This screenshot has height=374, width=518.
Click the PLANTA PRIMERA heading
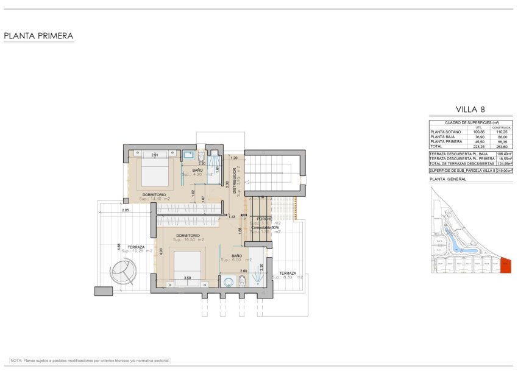(38, 36)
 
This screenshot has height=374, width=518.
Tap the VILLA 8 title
(470, 110)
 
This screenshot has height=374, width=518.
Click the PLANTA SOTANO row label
(444, 132)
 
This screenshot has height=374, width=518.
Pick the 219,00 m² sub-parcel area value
(503, 171)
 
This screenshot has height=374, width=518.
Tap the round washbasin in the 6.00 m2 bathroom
(229, 281)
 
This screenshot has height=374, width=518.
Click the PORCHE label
(264, 219)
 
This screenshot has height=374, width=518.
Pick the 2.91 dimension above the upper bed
(155, 155)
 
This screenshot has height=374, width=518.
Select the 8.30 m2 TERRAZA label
(287, 273)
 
